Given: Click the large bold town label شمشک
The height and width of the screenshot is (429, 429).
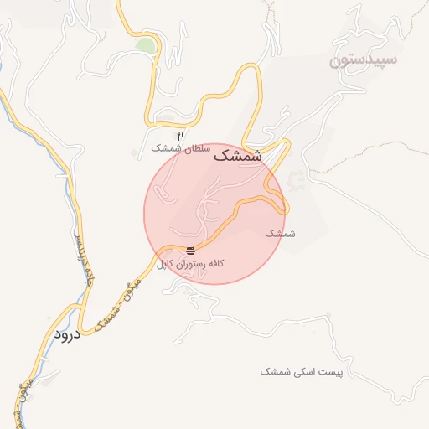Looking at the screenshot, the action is click(238, 155).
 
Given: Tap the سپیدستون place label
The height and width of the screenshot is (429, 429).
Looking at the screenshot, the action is click(364, 60).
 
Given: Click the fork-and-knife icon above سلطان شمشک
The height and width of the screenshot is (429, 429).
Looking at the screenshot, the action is click(180, 135).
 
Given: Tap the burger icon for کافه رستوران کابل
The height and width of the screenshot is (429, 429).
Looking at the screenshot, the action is click(191, 251).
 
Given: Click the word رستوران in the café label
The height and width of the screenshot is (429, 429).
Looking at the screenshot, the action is click(193, 264).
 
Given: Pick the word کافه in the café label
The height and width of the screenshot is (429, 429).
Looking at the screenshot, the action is click(217, 264).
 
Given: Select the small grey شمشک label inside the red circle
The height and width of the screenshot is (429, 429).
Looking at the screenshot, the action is click(281, 233).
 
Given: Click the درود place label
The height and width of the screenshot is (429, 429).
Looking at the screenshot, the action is click(65, 334).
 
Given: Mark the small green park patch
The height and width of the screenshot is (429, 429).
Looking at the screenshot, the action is click(146, 44).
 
